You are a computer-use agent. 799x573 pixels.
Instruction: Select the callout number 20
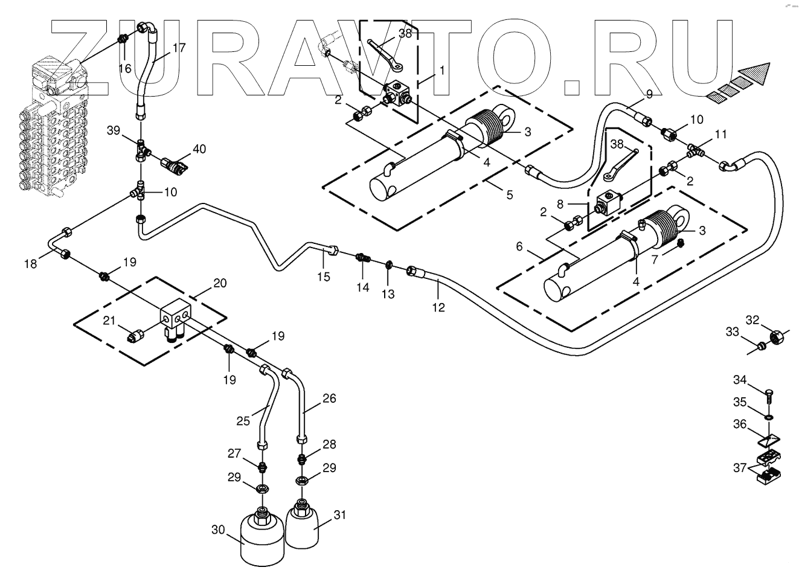220,284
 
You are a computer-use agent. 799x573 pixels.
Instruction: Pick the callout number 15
324,277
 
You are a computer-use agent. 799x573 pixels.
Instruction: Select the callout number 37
740,468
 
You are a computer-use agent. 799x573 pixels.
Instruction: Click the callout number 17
179,47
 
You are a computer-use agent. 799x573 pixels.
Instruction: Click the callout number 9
649,94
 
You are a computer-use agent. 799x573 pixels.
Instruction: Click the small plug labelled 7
680,243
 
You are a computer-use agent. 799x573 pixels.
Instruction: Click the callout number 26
329,399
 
